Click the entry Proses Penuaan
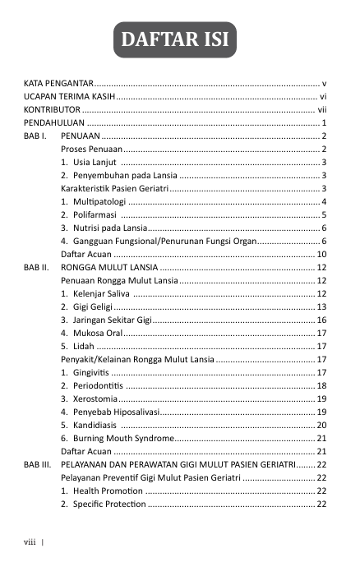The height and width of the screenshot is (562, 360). pyautogui.click(x=91, y=149)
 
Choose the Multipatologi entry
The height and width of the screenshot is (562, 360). pyautogui.click(x=98, y=201)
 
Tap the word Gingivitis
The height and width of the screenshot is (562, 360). pyautogui.click(x=90, y=373)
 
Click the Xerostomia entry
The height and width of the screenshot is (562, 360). pyautogui.click(x=94, y=399)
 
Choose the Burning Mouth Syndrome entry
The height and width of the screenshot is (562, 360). pyautogui.click(x=122, y=440)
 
